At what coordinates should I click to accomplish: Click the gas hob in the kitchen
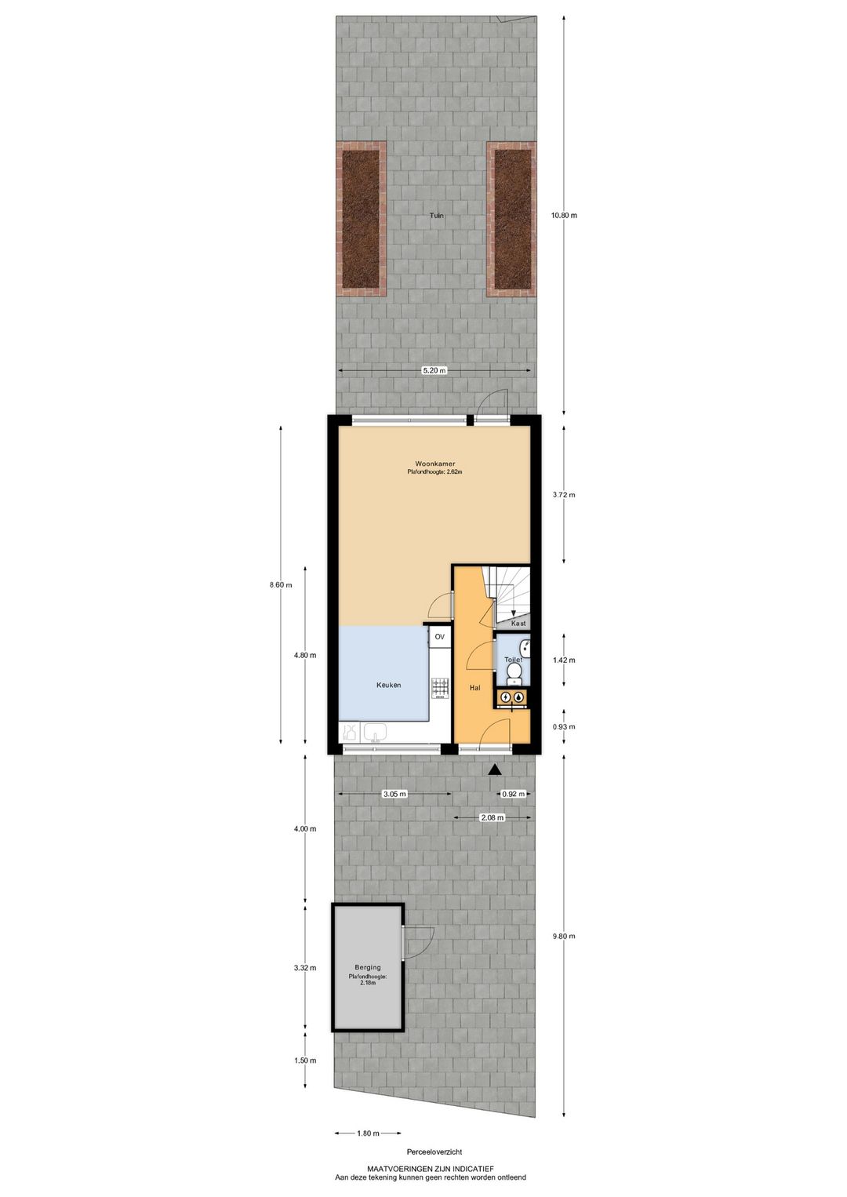[439, 688]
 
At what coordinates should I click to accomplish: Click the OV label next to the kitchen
[440, 637]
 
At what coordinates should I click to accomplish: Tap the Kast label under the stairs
[518, 623]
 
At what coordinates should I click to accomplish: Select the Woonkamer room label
[435, 464]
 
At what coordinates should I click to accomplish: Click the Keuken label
[388, 685]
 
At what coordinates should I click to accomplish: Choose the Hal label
[474, 687]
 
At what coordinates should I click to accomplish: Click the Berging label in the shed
[367, 967]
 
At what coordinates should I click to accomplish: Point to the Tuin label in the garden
[436, 215]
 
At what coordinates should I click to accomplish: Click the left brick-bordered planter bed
[361, 219]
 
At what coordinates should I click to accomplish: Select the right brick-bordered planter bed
[511, 219]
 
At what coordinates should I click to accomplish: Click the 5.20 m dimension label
[434, 371]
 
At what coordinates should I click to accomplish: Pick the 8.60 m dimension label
[281, 584]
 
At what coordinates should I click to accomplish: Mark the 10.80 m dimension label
[564, 215]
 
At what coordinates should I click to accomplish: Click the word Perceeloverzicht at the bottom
[434, 1152]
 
